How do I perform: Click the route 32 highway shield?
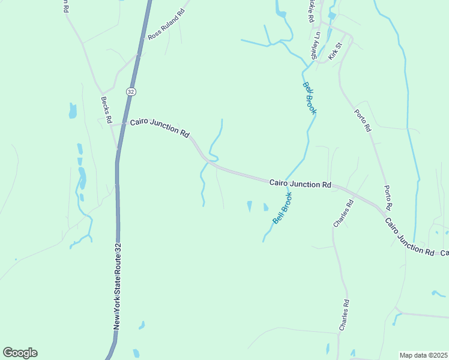[x=131, y=91]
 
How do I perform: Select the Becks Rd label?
[x=107, y=110]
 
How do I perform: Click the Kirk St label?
[x=335, y=52]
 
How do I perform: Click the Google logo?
[x=20, y=353]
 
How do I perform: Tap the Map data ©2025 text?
[x=424, y=355]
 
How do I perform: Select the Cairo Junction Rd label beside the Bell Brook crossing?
[x=300, y=183]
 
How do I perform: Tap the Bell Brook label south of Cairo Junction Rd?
[x=283, y=208]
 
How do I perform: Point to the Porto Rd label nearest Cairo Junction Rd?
[x=388, y=197]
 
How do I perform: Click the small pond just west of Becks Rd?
[x=73, y=110]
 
